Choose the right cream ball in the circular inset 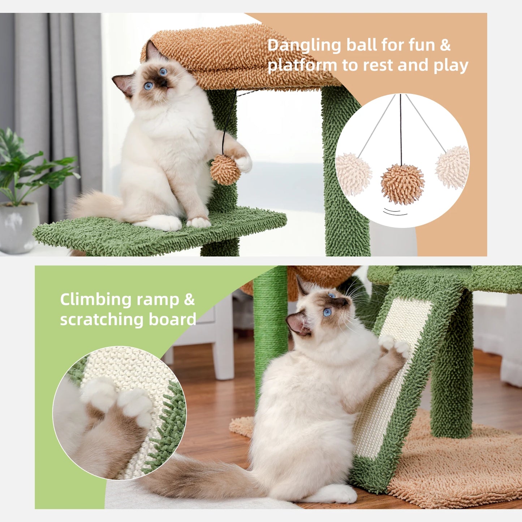point(452,167)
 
